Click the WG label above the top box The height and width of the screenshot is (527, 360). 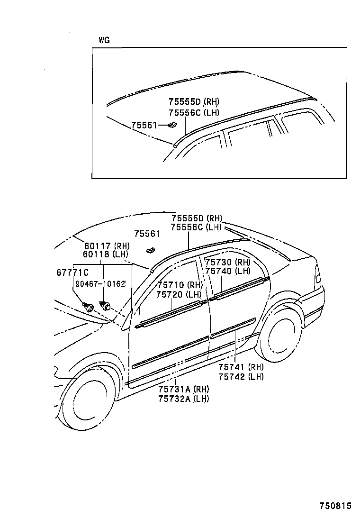click(104, 40)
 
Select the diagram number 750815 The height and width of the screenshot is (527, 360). click(335, 506)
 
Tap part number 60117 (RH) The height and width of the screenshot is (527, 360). click(107, 246)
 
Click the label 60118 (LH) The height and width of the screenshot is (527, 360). click(107, 254)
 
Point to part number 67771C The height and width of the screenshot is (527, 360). click(72, 272)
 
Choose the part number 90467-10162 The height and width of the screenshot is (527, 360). click(100, 284)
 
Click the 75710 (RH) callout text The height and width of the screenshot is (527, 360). click(180, 285)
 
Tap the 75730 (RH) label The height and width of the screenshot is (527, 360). click(227, 262)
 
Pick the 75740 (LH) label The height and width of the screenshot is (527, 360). click(227, 271)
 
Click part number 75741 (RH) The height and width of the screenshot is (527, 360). click(241, 367)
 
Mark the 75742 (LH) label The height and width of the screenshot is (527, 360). click(241, 376)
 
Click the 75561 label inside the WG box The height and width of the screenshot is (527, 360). click(144, 125)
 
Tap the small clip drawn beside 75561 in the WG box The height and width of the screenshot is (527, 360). click(171, 125)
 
